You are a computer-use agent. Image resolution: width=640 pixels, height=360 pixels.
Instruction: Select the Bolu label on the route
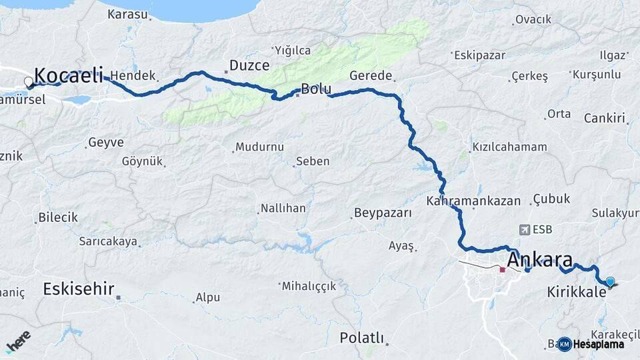pyautogui.click(x=316, y=89)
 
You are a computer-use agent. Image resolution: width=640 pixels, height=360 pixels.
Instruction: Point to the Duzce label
pyautogui.click(x=249, y=65)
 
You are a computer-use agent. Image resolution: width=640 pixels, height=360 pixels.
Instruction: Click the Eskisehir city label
pyautogui.click(x=78, y=289)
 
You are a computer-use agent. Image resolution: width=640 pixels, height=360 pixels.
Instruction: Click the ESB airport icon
pyautogui.click(x=524, y=229)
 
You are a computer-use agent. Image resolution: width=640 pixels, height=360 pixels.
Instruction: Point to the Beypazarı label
pyautogui.click(x=383, y=213)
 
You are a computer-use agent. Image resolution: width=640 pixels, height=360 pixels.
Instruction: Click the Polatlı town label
pyautogui.click(x=362, y=337)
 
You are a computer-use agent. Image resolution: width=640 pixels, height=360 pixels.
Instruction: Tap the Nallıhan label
pyautogui.click(x=283, y=209)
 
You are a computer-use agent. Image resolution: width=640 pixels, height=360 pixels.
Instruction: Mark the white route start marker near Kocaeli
pyautogui.click(x=29, y=82)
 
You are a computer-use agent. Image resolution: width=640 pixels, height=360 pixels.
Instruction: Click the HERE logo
pyautogui.click(x=18, y=341)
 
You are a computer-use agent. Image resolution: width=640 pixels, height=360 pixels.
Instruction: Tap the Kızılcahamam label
pyautogui.click(x=509, y=147)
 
